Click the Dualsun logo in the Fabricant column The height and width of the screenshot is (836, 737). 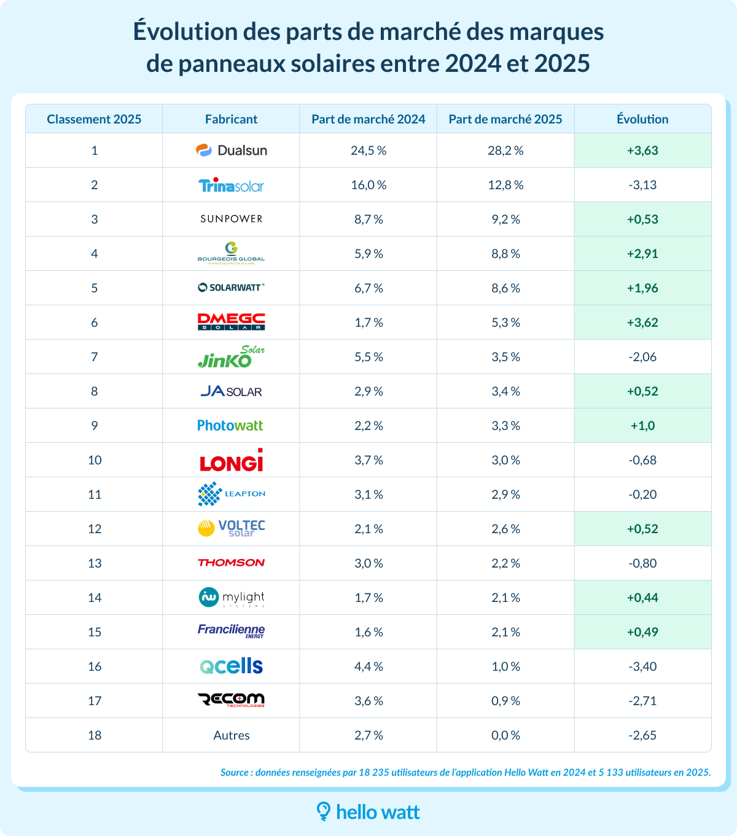(231, 150)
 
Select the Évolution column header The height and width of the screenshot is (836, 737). (642, 119)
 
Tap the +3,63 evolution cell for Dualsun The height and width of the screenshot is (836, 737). (642, 150)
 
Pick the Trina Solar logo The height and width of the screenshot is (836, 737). (231, 185)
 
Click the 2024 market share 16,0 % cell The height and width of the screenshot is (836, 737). (368, 185)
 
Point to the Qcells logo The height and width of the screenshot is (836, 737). (231, 666)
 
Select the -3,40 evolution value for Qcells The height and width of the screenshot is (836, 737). (642, 666)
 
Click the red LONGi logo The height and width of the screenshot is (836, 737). (231, 461)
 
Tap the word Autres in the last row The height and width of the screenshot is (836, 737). (231, 735)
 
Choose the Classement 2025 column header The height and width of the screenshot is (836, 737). (94, 119)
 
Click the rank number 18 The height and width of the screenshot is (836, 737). (94, 735)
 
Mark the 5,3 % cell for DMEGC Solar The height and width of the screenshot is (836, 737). (505, 322)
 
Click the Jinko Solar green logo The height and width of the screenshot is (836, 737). (231, 357)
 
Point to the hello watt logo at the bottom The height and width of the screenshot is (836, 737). (368, 812)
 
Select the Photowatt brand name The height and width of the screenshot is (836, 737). (230, 426)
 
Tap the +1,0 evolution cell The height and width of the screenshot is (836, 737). (642, 426)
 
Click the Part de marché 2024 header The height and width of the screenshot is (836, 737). (368, 119)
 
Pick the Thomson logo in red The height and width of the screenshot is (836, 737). (231, 563)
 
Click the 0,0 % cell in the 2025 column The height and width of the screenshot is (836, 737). (505, 735)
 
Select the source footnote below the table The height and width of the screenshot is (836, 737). (466, 773)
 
